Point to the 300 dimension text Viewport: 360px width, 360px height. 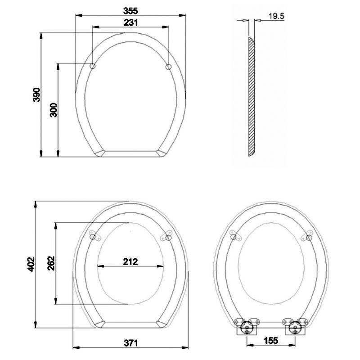point(53,110)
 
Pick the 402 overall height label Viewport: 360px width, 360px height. point(30,264)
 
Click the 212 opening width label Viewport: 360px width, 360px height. point(130,261)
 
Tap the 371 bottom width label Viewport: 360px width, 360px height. point(130,343)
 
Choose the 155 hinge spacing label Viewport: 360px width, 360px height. point(270,341)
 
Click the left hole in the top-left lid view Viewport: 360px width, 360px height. point(92,67)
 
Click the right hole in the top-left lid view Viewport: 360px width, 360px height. point(168,67)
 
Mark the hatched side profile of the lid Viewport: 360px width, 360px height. point(252,97)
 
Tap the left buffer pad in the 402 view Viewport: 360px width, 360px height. point(93,237)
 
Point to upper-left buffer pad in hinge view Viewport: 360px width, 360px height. point(233,236)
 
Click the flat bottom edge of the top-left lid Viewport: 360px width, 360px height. point(130,153)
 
